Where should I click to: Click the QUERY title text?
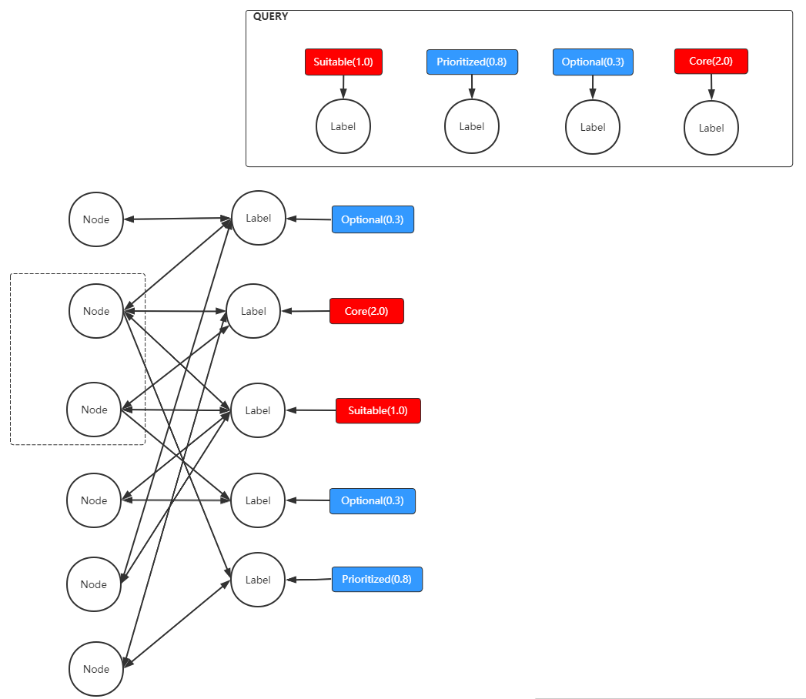[270, 16]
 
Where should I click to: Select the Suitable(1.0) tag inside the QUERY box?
[343, 62]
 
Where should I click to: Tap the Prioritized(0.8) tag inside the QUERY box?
[472, 62]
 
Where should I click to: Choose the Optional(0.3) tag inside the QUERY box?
[593, 62]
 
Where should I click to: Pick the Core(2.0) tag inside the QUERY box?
[711, 62]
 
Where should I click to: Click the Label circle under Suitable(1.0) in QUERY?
[343, 126]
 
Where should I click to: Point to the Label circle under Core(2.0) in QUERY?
[711, 128]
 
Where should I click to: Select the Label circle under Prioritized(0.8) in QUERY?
[472, 126]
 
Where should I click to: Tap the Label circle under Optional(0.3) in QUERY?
[593, 127]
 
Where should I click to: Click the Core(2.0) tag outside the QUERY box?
[366, 311]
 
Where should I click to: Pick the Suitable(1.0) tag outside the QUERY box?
[378, 410]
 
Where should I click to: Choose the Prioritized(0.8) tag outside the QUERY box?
[376, 579]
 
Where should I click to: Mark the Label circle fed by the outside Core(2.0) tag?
[253, 311]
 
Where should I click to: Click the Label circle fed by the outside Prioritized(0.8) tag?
[258, 580]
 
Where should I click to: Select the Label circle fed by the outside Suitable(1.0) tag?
[258, 410]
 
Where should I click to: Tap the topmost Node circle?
[96, 219]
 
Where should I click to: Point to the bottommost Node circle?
[96, 669]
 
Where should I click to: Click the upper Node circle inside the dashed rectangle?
[96, 311]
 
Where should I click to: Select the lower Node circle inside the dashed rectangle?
[95, 410]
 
